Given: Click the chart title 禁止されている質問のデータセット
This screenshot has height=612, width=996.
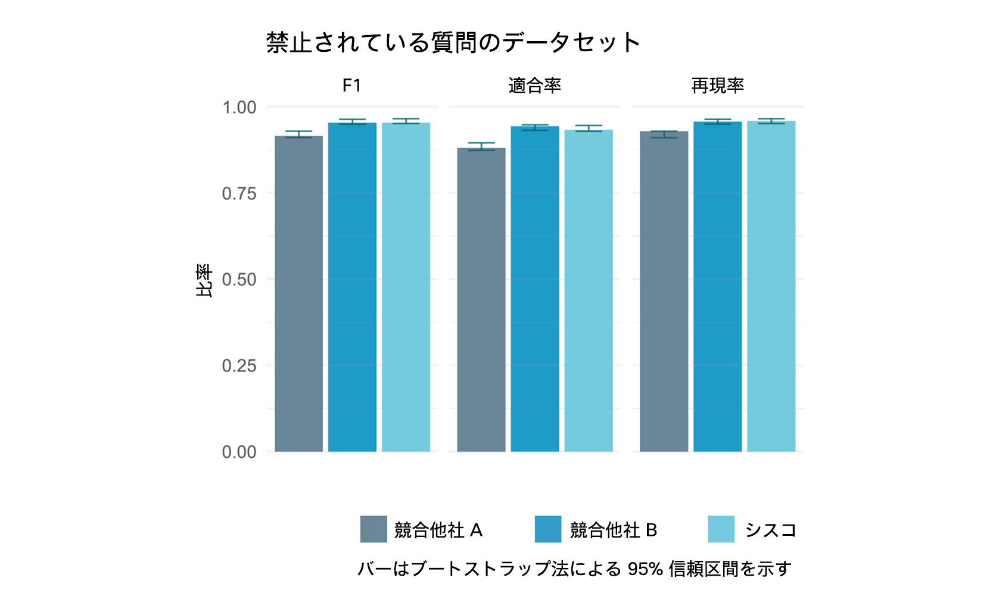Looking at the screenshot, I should tap(453, 43).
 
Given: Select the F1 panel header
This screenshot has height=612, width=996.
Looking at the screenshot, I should tap(351, 86).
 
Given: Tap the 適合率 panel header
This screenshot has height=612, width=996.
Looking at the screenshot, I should tap(534, 86).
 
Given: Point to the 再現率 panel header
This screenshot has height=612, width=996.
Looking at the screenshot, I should tap(717, 86).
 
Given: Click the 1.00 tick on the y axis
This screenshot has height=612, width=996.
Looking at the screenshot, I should tap(239, 108).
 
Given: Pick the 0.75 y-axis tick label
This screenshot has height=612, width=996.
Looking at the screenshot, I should tap(239, 193).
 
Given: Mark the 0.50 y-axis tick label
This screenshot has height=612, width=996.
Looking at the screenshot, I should tap(239, 280).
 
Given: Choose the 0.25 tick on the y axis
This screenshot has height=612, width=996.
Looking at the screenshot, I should tap(239, 366).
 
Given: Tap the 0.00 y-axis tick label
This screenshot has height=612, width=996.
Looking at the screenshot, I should tap(239, 452).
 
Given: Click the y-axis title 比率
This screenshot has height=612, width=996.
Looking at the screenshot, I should tap(204, 280).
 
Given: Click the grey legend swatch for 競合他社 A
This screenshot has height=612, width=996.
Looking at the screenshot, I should tap(373, 529).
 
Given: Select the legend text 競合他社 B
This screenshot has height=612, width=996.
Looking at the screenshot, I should tap(613, 530).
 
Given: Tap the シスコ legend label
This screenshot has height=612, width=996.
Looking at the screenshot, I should tap(770, 530).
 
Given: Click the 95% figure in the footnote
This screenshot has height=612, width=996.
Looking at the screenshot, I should tap(645, 569).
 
